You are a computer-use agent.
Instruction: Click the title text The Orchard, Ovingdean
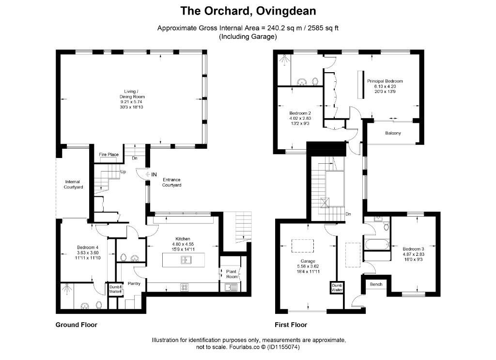click(248, 11)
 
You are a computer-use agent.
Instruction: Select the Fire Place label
click(108, 155)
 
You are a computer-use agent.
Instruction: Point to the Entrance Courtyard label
click(171, 182)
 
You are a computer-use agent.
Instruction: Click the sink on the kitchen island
click(185, 260)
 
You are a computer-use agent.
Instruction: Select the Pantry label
click(134, 284)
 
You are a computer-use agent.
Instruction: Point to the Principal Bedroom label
click(385, 81)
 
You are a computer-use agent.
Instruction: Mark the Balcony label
click(393, 133)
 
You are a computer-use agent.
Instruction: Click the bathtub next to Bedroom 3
click(376, 244)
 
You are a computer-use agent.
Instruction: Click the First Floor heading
click(291, 325)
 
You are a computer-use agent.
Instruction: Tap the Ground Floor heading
click(77, 325)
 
